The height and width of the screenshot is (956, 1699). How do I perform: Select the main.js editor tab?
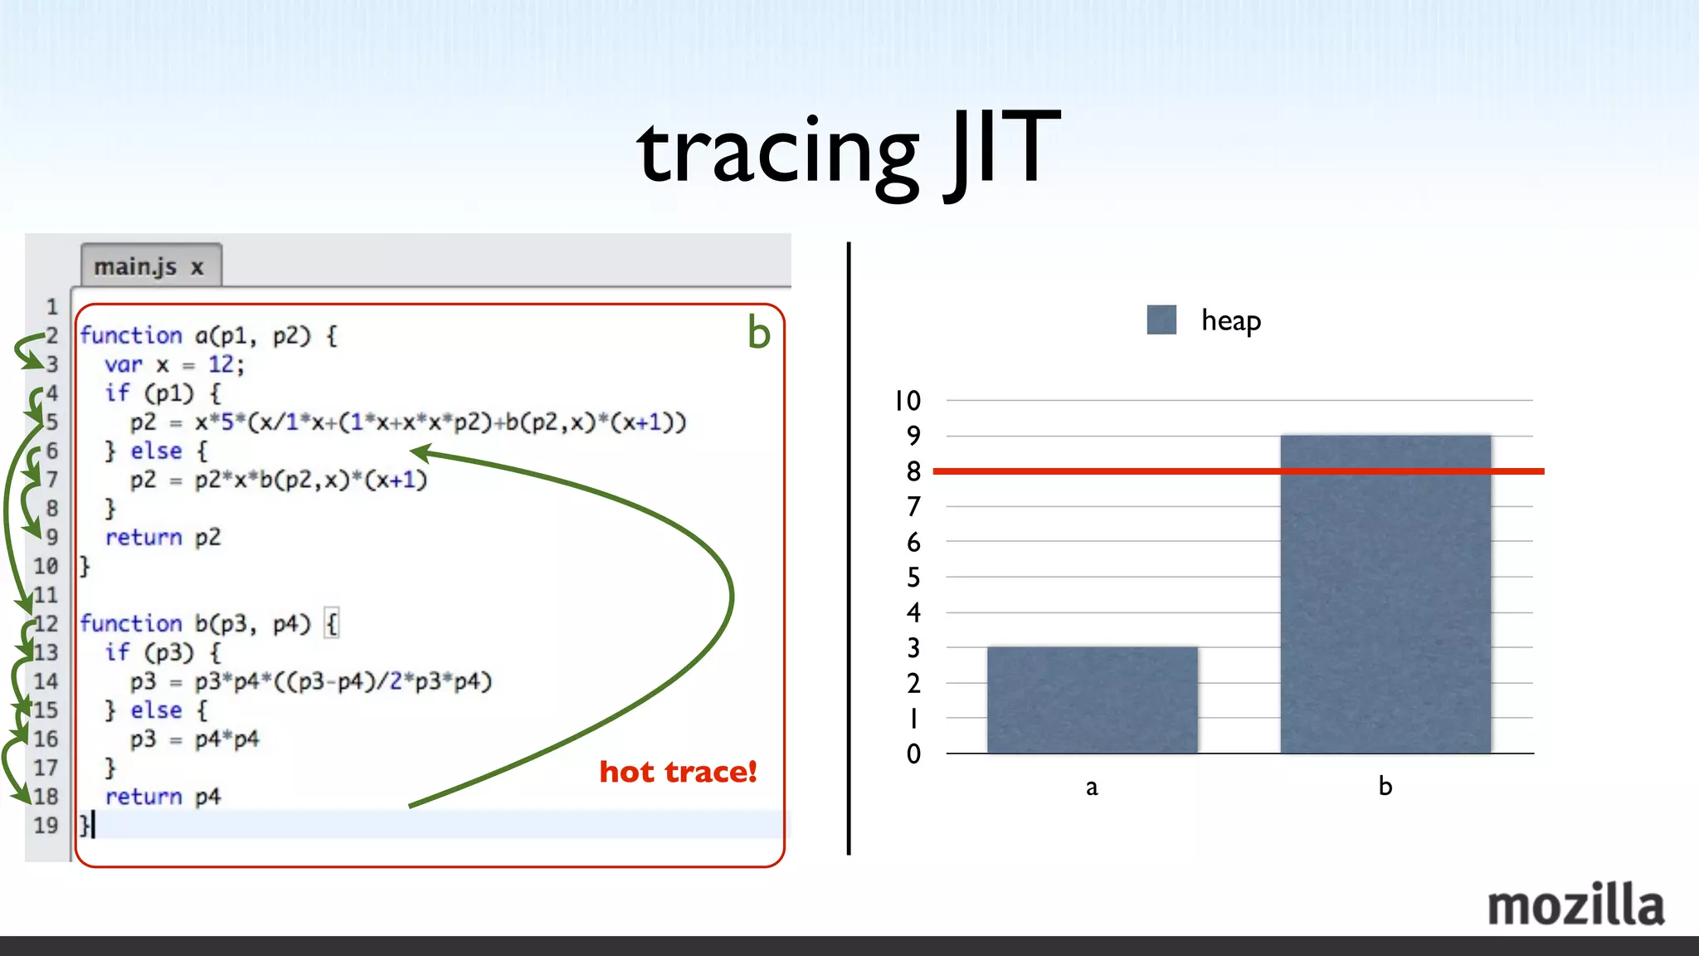click(150, 267)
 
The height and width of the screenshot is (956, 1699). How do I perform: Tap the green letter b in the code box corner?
click(758, 333)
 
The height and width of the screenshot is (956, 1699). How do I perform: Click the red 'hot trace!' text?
click(678, 772)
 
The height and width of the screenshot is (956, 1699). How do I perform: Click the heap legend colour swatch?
click(1161, 319)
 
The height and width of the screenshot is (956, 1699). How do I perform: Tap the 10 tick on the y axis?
click(908, 401)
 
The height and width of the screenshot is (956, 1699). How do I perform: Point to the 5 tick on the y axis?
click(913, 577)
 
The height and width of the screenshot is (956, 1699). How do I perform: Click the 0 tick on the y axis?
click(913, 754)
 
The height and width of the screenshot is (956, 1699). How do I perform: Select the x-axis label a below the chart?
click(1092, 787)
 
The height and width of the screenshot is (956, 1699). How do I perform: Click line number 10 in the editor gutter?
click(46, 566)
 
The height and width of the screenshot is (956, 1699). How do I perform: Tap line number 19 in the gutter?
click(46, 825)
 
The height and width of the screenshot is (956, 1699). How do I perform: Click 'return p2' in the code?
click(163, 537)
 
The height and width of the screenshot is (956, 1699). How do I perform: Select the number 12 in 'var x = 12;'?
click(221, 364)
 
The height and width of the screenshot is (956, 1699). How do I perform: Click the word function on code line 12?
click(130, 623)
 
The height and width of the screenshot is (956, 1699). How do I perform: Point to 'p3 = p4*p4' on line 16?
click(194, 739)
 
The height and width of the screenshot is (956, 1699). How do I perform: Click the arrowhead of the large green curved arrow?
click(420, 452)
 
